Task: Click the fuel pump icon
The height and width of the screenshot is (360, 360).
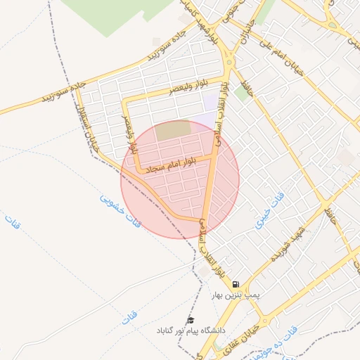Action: (235, 284)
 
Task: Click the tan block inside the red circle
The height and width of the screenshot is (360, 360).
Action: (172, 130)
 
